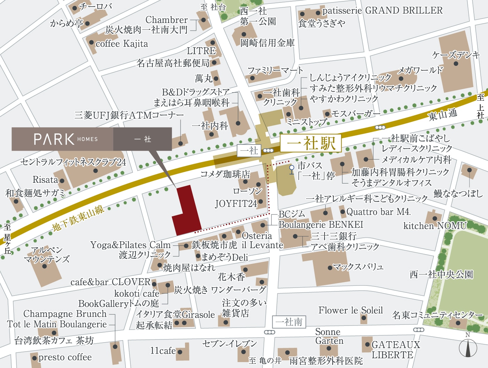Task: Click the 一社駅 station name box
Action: coord(311,143)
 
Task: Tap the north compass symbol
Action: coord(467,347)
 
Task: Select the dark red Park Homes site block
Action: coord(187,212)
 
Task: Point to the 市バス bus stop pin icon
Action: coord(292,168)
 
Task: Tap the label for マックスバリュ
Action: coord(358,267)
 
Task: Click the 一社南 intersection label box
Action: coord(289,322)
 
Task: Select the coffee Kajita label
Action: coord(122,44)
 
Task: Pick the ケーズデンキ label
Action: coord(456,55)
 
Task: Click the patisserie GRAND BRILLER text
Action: coord(382,10)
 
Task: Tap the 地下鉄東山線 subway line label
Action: coord(78,218)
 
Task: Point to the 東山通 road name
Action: coord(443,115)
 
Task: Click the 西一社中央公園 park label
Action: coord(441,275)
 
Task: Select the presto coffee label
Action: coord(65,357)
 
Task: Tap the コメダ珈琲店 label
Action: coord(225,174)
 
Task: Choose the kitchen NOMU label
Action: coord(435,226)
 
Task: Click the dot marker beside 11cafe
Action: coord(180,352)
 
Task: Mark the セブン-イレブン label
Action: coord(230,344)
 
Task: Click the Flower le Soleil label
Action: coord(350,310)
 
